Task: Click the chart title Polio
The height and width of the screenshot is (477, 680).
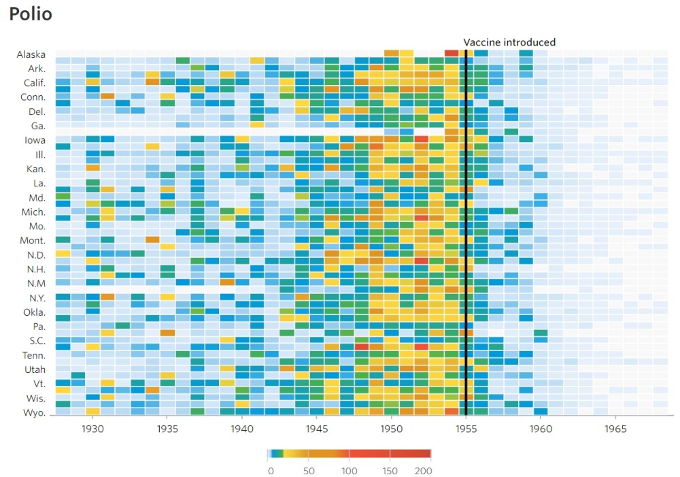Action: pos(31,14)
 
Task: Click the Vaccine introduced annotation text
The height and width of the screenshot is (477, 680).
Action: pos(509,42)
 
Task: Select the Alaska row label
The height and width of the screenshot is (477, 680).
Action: pos(31,54)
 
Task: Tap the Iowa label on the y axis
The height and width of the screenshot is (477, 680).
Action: pos(35,140)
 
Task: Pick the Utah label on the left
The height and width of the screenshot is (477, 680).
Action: pos(35,369)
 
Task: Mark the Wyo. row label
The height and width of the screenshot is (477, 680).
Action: pos(34,413)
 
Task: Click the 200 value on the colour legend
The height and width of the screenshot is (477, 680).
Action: pos(423,471)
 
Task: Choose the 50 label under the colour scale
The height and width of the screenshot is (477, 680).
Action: pos(308,471)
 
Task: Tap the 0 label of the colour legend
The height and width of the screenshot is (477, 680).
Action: pos(270,471)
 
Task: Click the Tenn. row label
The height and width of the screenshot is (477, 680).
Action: pos(33,355)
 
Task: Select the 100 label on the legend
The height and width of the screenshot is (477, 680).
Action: pos(349,471)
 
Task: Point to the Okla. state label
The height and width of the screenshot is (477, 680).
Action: pos(33,312)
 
